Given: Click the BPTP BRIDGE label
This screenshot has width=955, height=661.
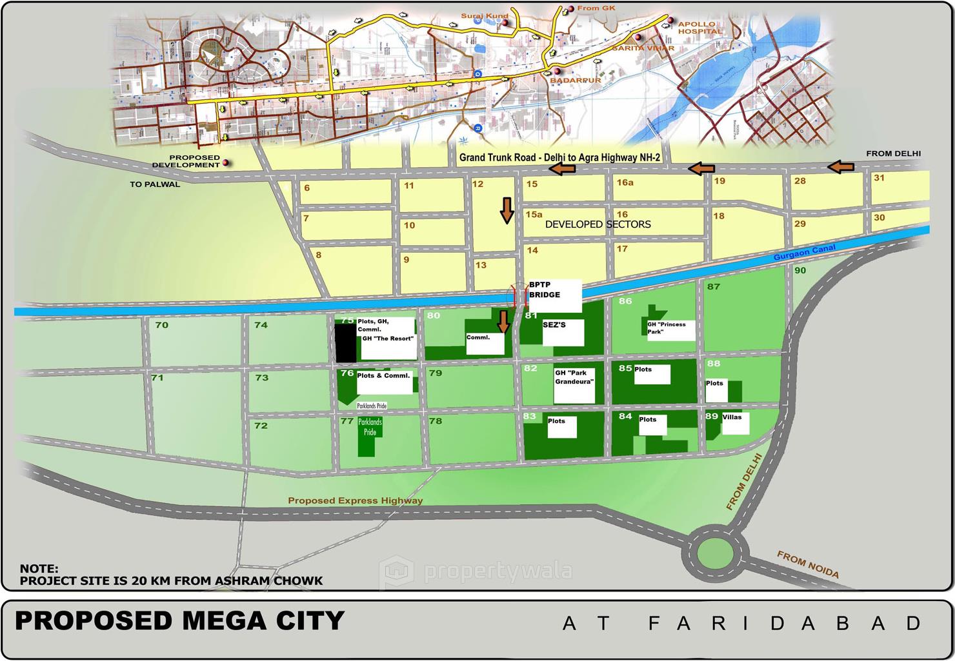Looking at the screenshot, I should point(545,290).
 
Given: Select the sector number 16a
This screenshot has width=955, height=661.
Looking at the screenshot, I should point(625,183).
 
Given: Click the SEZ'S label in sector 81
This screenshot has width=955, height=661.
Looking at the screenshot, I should point(554,325).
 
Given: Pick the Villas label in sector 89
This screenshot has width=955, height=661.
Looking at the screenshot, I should point(732,417).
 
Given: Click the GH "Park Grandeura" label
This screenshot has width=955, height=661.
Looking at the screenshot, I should point(574,377).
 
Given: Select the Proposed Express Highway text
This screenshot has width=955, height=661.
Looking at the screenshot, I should point(356,500).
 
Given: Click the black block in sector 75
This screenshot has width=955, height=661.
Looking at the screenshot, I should point(345,343).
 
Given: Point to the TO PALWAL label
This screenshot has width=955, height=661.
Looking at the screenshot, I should point(155,184).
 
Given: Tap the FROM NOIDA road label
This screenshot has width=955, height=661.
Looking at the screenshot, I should point(807,564).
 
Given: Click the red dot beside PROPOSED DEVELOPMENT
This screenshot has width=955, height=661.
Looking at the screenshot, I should point(226,163).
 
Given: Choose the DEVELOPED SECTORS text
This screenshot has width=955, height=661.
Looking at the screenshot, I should point(598,224).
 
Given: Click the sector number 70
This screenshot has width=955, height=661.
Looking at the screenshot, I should point(161,325).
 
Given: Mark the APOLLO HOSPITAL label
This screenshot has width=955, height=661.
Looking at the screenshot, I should point(699,28).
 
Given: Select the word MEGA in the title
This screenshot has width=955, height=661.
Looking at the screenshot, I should point(223,621).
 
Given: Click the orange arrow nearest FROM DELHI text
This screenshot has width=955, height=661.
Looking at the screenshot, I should point(841,168).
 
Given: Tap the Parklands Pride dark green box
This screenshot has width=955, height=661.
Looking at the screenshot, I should point(370,437).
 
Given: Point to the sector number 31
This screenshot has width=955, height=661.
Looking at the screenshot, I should point(879,178).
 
